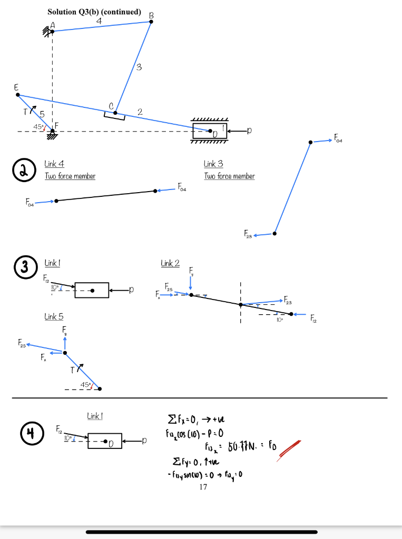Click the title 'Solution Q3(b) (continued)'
coord(94,12)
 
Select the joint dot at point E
coord(18,95)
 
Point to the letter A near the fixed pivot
coord(52,24)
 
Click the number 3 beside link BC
coord(139,67)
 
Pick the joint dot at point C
coord(115,112)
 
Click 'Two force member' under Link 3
coord(229,176)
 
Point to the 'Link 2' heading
coord(170,263)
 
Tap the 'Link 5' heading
coord(54,316)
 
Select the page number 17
coord(203,487)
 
